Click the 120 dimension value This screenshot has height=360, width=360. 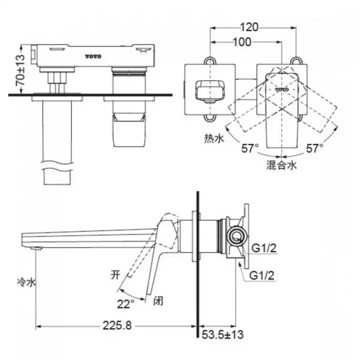(249, 27)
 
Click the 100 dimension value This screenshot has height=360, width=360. (242, 42)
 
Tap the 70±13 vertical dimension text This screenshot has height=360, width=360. (20, 70)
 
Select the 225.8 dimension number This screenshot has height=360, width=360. (117, 325)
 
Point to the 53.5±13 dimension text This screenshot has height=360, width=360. (222, 334)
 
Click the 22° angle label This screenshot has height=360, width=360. (126, 304)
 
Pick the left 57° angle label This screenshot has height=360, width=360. (250, 148)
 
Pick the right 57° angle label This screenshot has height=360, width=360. (315, 148)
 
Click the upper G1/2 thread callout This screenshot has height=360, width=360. (264, 248)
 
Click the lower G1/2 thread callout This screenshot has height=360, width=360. (262, 275)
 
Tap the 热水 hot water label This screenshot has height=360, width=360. (214, 139)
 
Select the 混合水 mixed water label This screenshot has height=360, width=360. (282, 165)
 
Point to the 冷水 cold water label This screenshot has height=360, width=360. (27, 282)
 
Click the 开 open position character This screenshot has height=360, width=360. (116, 274)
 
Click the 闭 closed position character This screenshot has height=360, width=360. (158, 301)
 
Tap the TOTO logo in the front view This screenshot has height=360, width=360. (94, 57)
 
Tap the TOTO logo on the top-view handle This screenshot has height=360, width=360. (282, 90)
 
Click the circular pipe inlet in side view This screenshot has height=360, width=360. (237, 236)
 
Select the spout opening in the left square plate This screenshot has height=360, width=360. (210, 90)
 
